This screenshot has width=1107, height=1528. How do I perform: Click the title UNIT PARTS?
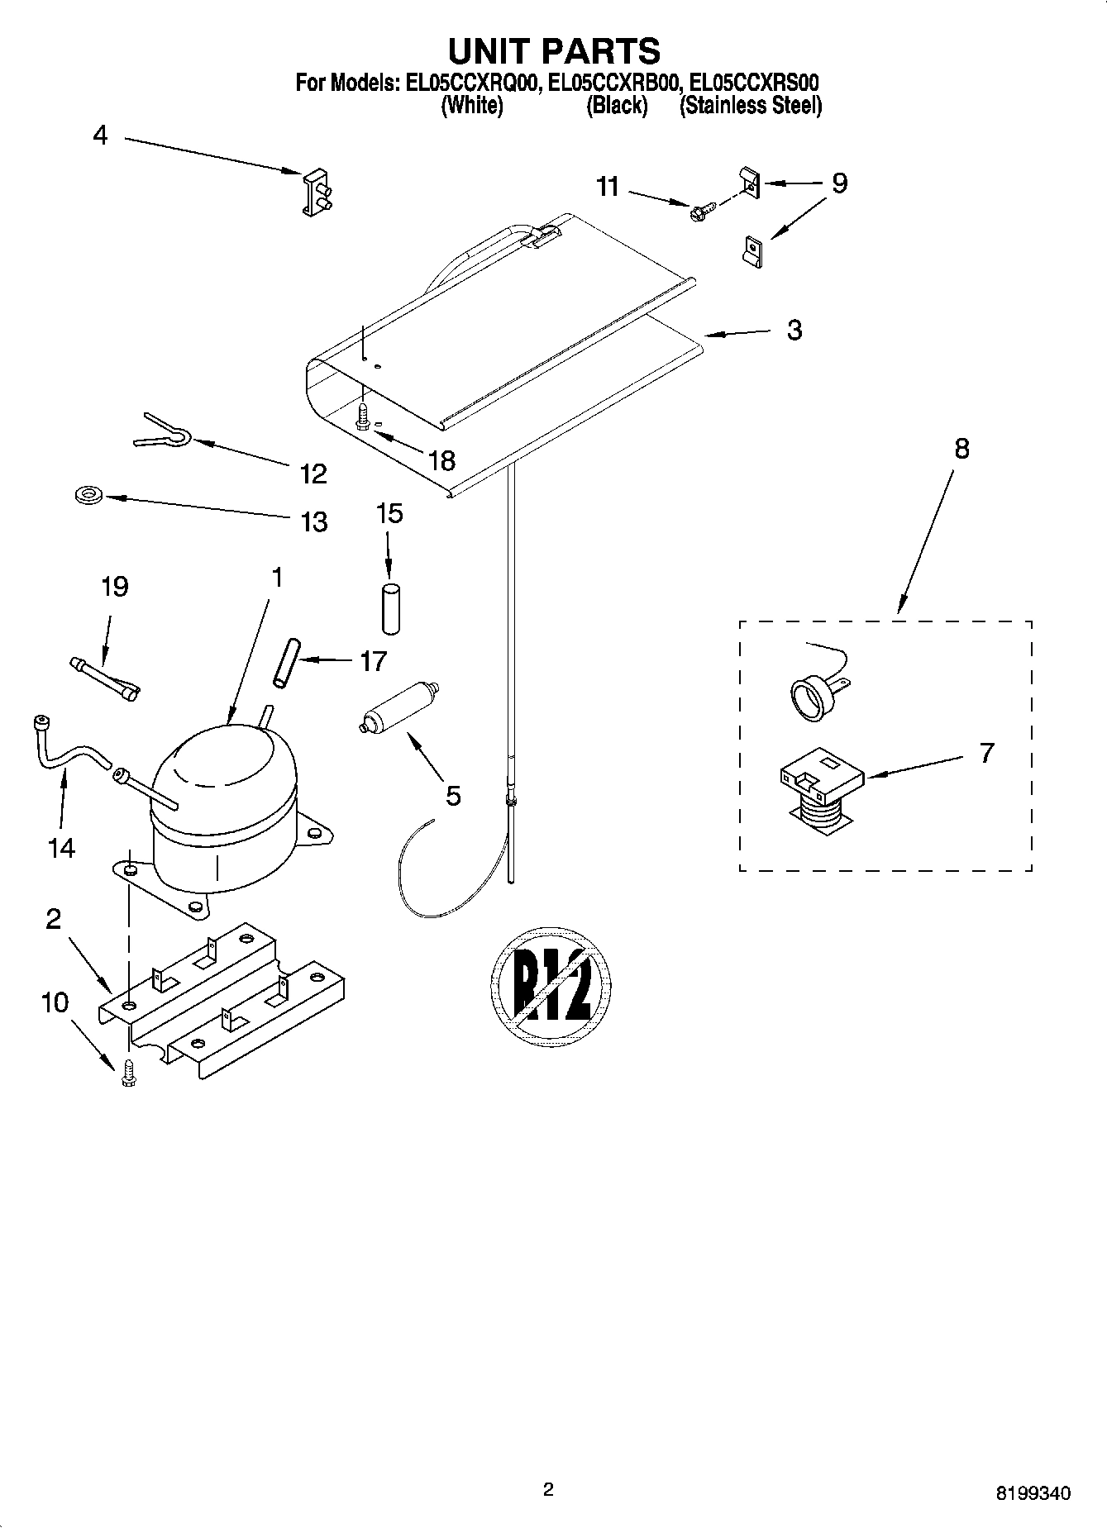tap(553, 51)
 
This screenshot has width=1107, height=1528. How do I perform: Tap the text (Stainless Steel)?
tap(750, 106)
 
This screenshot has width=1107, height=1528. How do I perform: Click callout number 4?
tap(100, 136)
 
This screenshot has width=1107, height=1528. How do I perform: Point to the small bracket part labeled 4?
tap(314, 193)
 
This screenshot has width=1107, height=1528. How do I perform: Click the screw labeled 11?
tap(698, 213)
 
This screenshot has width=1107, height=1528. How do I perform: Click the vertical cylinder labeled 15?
tap(389, 609)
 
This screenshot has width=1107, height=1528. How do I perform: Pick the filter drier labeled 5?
tap(399, 707)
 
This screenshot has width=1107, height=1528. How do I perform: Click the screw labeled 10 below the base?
tap(128, 1073)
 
